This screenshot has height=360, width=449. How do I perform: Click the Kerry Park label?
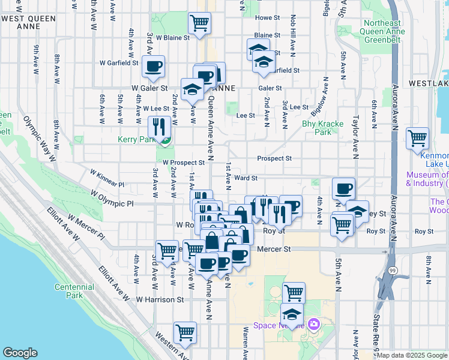[x=136, y=139]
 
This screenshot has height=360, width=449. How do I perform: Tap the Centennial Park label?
[x=74, y=291]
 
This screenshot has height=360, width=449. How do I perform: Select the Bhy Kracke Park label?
[x=322, y=128]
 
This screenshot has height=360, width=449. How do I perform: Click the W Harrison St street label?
[x=159, y=299]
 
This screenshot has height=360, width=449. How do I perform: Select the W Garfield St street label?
[x=119, y=62]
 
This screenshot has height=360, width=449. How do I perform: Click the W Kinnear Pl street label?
[x=107, y=179]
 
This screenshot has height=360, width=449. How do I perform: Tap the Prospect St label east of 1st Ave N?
[x=274, y=158]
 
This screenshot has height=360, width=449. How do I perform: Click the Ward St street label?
[x=246, y=178]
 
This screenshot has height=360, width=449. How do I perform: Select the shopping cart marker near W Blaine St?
[x=199, y=24]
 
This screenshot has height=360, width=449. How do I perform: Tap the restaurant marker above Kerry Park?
[x=159, y=127]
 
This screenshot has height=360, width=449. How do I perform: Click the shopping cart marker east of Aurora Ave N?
[x=417, y=138]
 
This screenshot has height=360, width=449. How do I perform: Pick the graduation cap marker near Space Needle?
[x=292, y=314]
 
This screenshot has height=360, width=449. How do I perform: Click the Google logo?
[x=20, y=353]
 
